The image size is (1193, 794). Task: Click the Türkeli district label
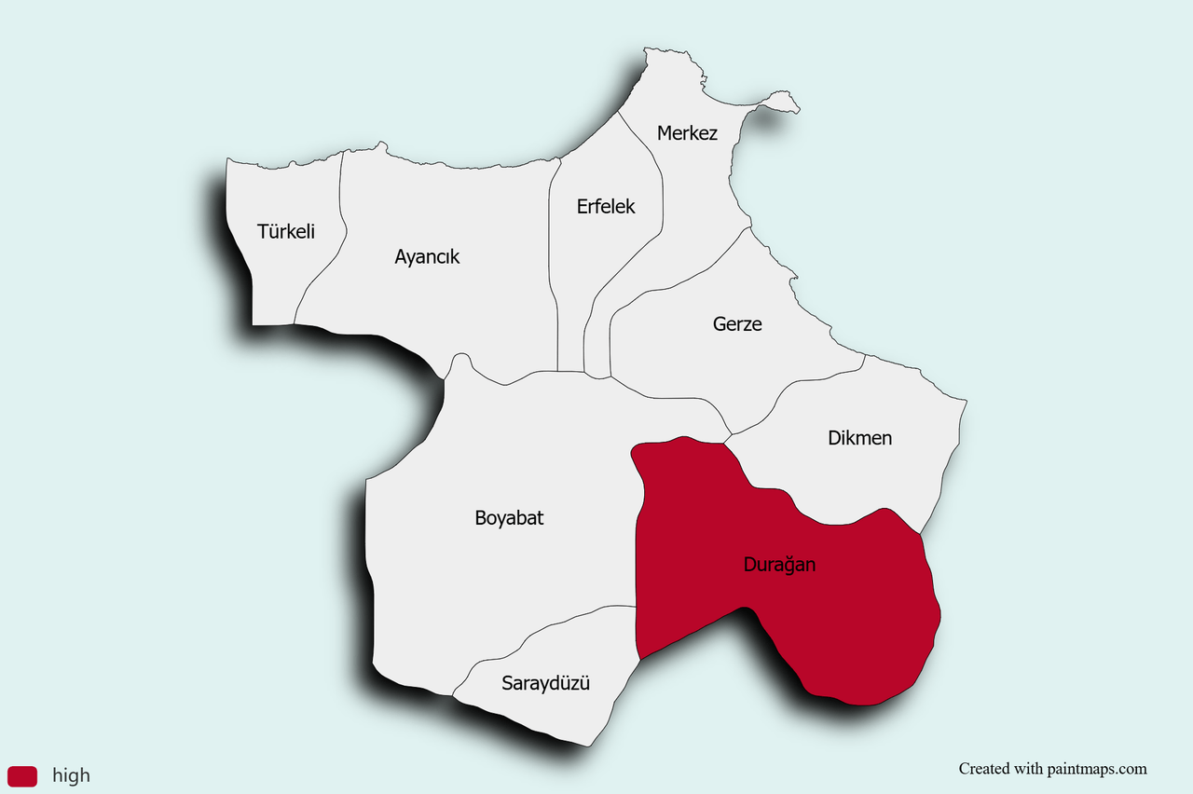[x=286, y=231]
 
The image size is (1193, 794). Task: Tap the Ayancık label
[x=427, y=256]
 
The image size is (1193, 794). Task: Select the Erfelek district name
[x=606, y=206]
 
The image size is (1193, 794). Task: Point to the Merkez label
[x=687, y=133]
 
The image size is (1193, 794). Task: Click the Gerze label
[x=737, y=324]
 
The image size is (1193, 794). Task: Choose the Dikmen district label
[x=859, y=437]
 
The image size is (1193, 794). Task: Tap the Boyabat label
[x=509, y=518]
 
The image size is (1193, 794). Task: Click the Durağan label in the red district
[x=779, y=564]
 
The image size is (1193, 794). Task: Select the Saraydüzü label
[x=546, y=683]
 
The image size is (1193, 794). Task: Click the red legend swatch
[x=22, y=775]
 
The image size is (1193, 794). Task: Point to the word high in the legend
[x=71, y=775]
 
